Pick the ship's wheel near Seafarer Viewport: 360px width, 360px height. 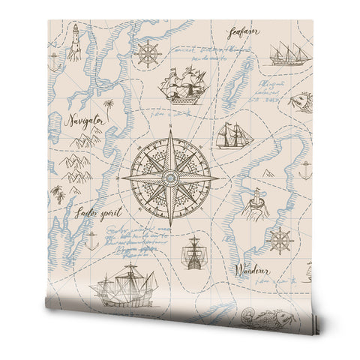[x=148, y=55]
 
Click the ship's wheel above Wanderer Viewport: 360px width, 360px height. [x=280, y=241]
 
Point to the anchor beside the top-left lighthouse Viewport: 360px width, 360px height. [x=52, y=62]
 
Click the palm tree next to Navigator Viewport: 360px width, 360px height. [x=109, y=106]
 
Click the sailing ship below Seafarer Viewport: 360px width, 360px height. [x=288, y=52]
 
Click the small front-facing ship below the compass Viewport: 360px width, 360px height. [x=193, y=253]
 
